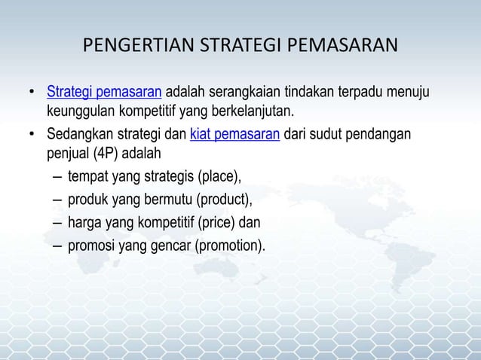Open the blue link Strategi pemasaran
(x=104, y=93)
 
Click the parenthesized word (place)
(x=219, y=178)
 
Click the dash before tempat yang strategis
(x=58, y=178)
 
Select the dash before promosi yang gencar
(x=58, y=244)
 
